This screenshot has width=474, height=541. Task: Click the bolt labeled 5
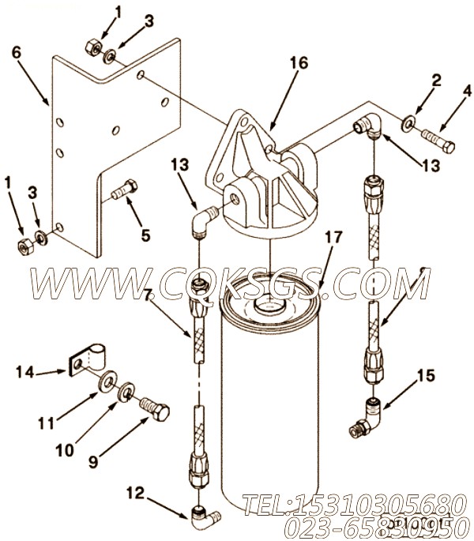(x=124, y=190)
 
